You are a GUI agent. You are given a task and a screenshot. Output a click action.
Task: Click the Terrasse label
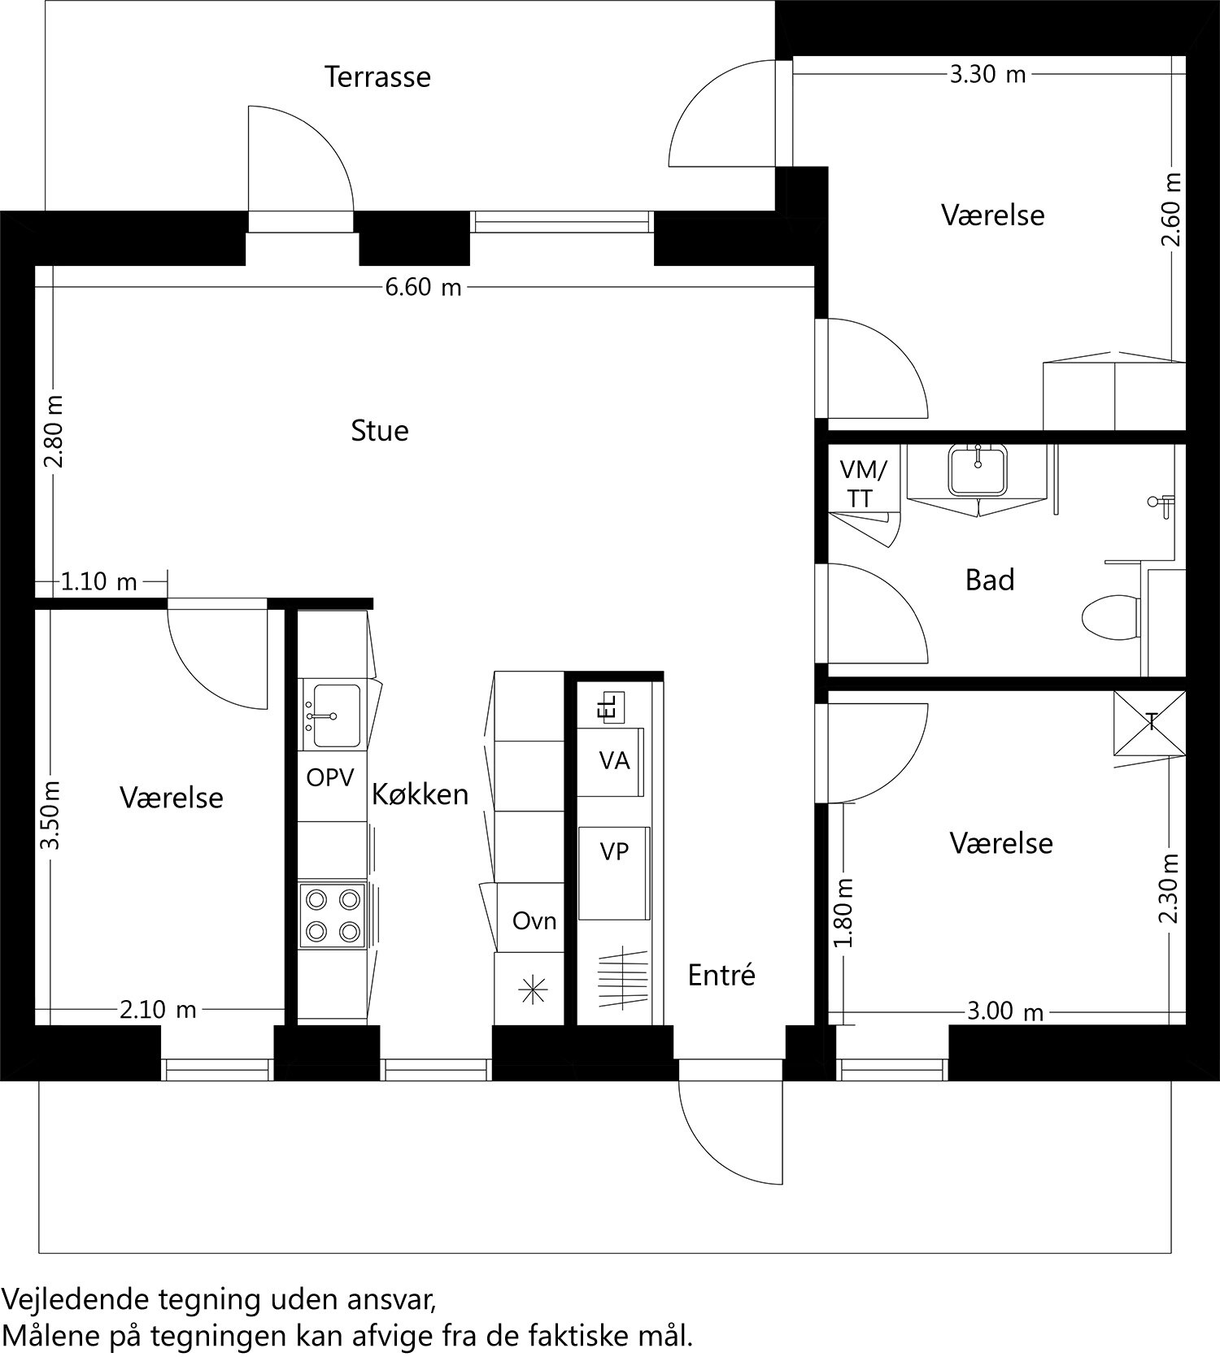coord(377,77)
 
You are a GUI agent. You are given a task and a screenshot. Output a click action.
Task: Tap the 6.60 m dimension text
coord(423,288)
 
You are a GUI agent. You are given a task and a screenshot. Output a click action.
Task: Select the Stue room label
coord(379,430)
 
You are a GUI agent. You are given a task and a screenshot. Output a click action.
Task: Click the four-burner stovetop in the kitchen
coord(332,916)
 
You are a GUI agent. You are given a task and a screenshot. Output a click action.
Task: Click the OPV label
coord(330,778)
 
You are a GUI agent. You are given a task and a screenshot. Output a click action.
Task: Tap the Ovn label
coord(534,921)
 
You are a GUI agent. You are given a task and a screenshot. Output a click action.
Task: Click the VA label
coord(614,761)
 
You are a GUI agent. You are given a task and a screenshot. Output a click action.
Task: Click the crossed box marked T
coord(1150,722)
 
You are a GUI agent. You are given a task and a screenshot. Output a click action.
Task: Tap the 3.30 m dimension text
coord(987,75)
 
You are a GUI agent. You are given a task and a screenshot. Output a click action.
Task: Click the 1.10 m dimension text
coord(99,582)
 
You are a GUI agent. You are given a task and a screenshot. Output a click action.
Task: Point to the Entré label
coord(721,975)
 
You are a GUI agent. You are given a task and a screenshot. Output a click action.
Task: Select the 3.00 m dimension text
coord(1004,1012)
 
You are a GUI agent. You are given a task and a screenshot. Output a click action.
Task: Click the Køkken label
coord(420,794)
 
